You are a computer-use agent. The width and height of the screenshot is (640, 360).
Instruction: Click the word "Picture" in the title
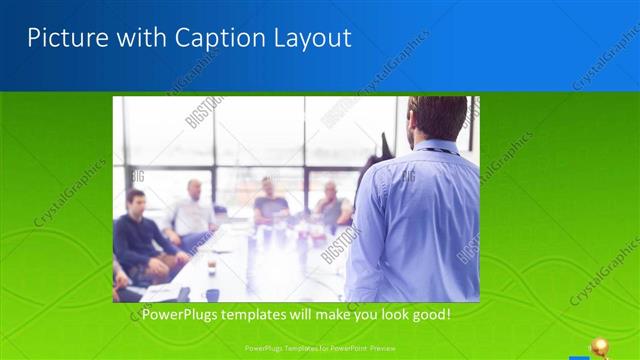[66, 38]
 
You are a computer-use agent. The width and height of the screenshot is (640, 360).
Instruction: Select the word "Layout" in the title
[312, 38]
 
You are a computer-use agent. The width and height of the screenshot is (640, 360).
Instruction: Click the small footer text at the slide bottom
[320, 348]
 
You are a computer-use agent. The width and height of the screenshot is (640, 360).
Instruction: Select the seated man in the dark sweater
[141, 235]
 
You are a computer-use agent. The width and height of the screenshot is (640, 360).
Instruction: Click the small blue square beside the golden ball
[578, 355]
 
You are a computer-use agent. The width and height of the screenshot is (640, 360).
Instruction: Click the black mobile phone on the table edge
[184, 293]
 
